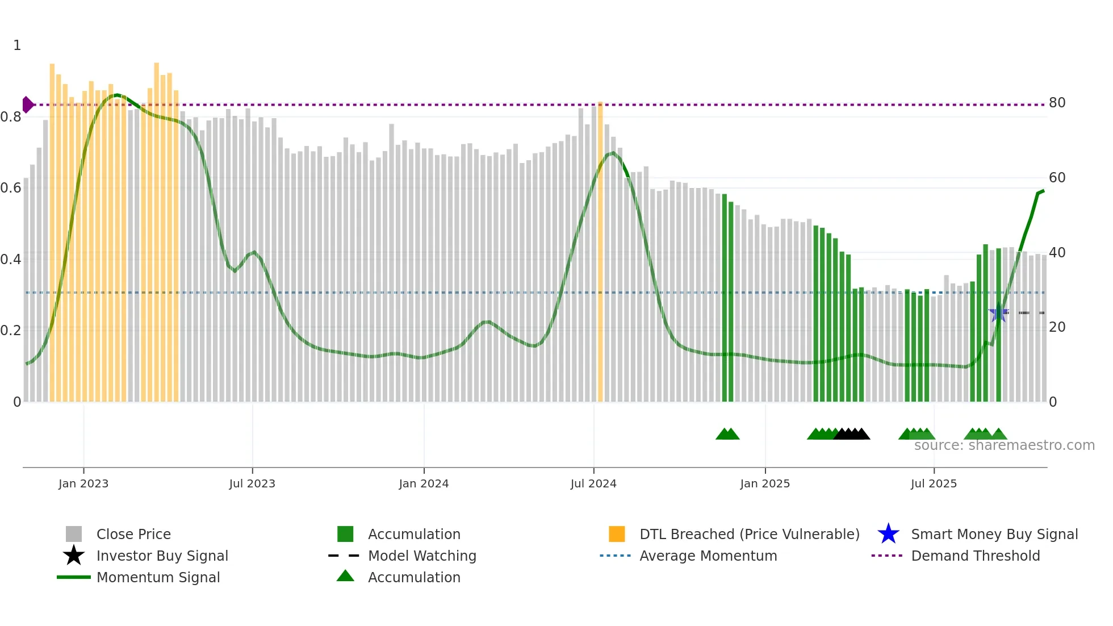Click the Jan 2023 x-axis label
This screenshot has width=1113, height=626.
coord(83,484)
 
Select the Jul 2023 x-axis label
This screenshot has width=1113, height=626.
coord(252,484)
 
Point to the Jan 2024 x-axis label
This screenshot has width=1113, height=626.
coord(424,484)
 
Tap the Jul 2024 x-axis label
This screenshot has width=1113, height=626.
coord(593,484)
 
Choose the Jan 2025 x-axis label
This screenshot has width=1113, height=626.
coord(765,484)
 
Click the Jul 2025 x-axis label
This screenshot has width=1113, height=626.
coord(934,484)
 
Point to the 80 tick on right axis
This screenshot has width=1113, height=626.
coord(1057,103)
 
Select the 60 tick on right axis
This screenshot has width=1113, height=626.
coord(1057,178)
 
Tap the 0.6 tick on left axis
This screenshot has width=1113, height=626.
coord(11,188)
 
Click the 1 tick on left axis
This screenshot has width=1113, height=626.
coord(17,45)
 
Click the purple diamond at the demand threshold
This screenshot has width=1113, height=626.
coord(27,105)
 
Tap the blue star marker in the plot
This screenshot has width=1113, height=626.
coord(998,313)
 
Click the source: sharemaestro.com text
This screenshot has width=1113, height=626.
coord(1004,445)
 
